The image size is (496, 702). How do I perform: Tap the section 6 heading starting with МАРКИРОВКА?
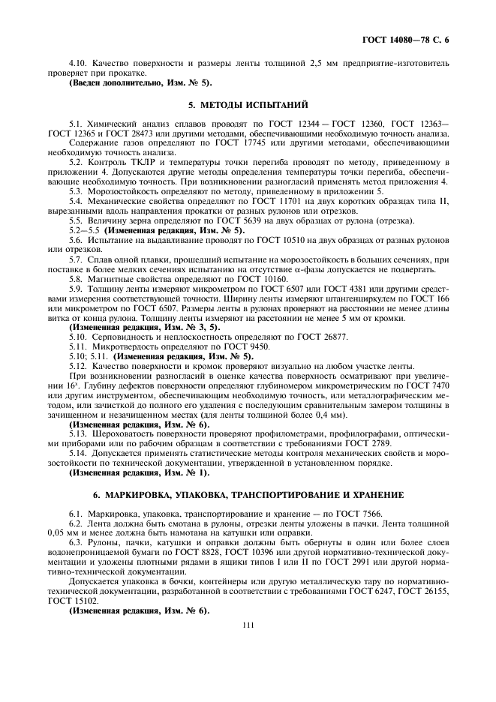tap(248, 495)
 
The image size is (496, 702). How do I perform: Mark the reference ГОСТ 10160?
tap(236, 278)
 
